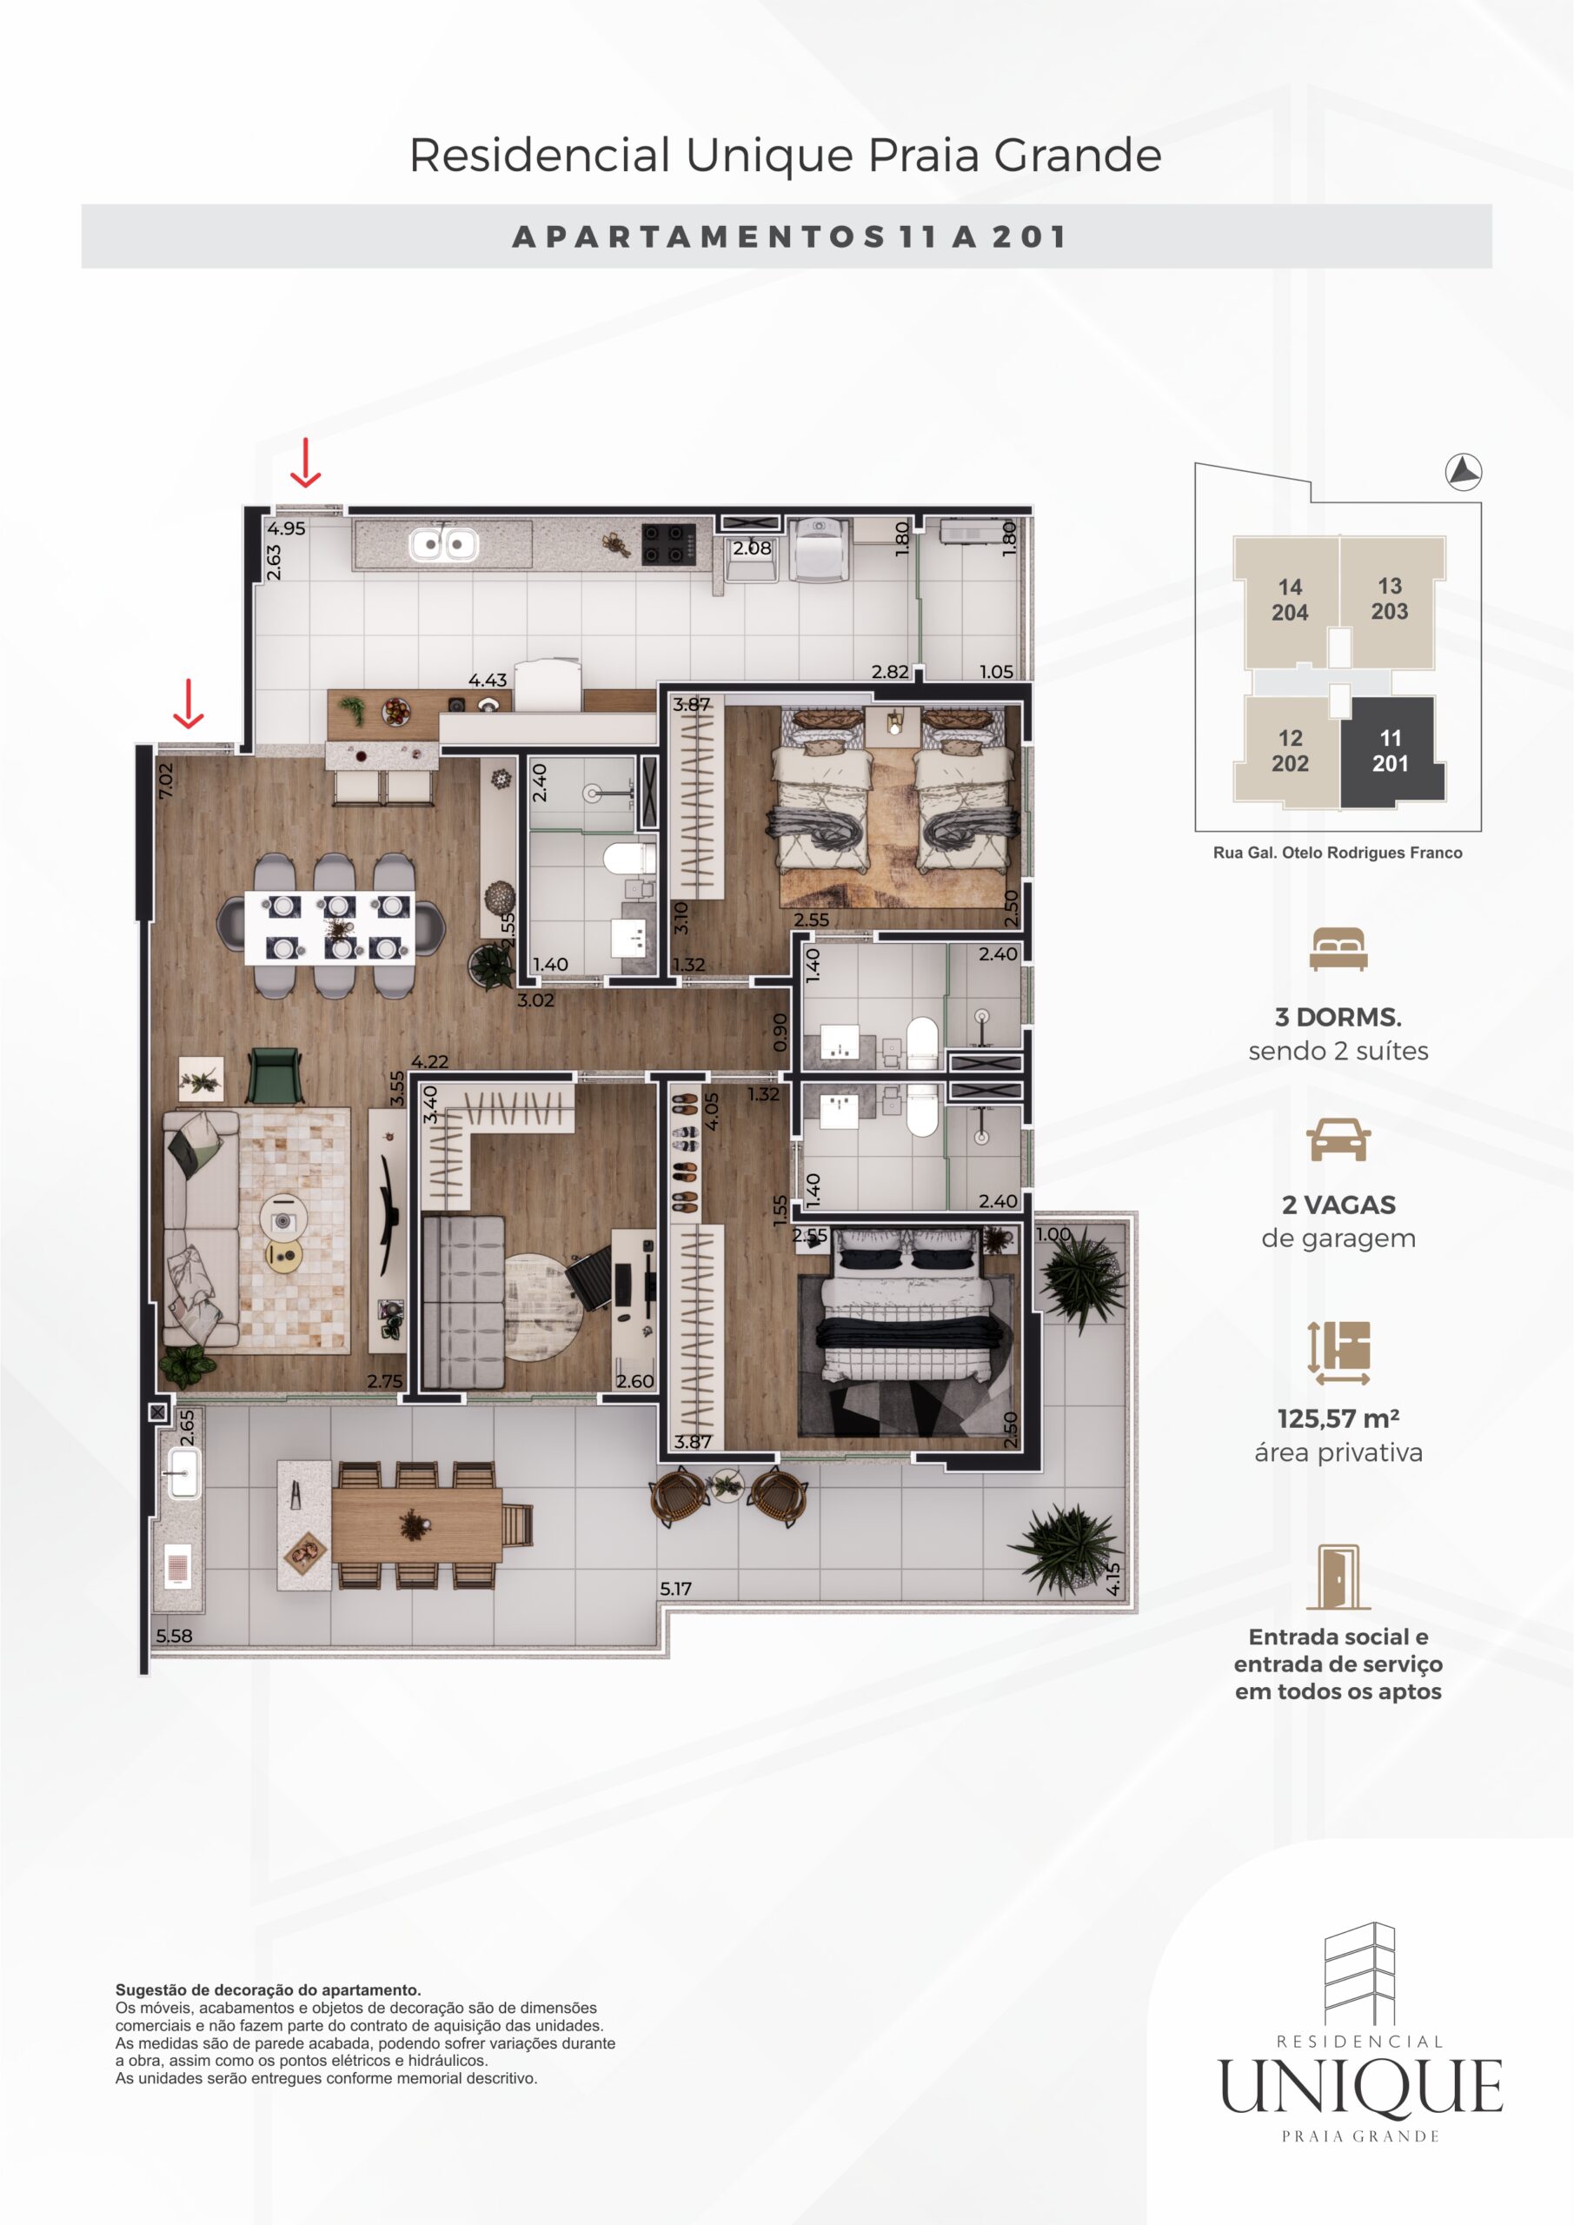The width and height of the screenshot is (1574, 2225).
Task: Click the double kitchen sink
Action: (444, 544)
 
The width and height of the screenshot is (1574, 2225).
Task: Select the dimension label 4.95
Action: (287, 529)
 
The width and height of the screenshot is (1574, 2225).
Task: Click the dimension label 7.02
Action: (166, 780)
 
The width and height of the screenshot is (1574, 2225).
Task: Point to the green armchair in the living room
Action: (276, 1075)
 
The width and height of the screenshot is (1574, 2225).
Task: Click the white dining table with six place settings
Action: (329, 927)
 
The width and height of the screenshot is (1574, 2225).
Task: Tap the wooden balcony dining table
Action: (417, 1524)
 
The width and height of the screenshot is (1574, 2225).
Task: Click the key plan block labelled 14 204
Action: (1289, 600)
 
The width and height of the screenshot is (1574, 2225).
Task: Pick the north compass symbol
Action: (1464, 472)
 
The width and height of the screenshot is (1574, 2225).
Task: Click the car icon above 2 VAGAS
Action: (1338, 1139)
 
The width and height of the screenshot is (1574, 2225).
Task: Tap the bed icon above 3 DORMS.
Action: (1338, 949)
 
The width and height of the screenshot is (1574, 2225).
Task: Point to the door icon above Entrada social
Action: (1338, 1577)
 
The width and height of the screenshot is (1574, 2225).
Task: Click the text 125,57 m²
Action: (1338, 1418)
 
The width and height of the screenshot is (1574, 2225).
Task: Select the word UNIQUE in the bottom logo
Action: (1361, 2087)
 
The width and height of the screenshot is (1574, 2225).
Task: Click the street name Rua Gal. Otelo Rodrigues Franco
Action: (1338, 853)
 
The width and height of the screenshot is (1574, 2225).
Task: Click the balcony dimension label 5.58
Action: (175, 1636)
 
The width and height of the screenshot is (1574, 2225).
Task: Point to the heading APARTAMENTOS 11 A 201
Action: (789, 236)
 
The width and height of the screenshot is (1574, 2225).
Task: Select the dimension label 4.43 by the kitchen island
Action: (488, 681)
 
